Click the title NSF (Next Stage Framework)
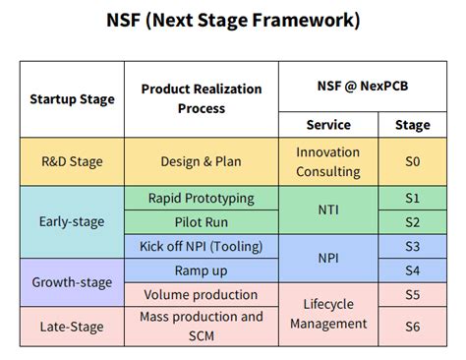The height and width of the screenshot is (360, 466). click(x=233, y=20)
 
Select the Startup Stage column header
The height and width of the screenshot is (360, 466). click(x=72, y=99)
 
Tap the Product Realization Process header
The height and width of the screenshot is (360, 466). click(x=202, y=98)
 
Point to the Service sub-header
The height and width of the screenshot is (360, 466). click(x=327, y=125)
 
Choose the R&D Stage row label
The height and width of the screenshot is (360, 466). click(x=72, y=161)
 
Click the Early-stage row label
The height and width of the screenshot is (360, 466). click(x=72, y=221)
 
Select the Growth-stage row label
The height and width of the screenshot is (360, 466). click(x=72, y=281)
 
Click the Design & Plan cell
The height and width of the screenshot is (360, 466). click(x=202, y=161)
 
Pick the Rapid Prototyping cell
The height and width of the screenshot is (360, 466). click(x=202, y=198)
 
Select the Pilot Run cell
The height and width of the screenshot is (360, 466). click(x=202, y=222)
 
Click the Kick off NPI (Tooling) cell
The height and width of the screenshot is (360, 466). click(x=202, y=246)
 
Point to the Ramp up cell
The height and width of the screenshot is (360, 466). click(x=202, y=270)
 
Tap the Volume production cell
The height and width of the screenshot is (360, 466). click(x=202, y=294)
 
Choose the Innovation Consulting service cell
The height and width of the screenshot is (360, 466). click(x=327, y=161)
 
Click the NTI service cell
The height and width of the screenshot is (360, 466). click(x=327, y=210)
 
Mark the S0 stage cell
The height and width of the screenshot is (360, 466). click(x=412, y=161)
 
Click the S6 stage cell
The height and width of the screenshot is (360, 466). click(x=412, y=325)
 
